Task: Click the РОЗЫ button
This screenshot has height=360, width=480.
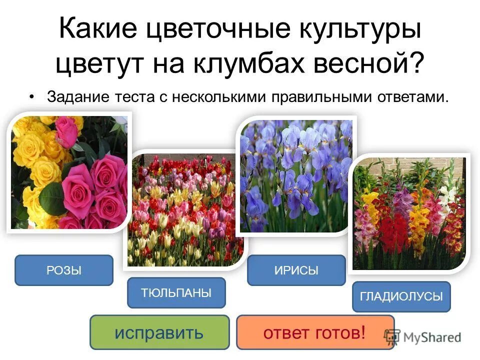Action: click(x=64, y=270)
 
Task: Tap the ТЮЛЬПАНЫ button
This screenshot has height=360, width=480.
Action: click(x=176, y=293)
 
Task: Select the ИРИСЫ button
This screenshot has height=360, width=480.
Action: click(x=296, y=270)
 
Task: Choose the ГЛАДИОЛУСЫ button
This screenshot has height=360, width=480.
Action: click(x=401, y=297)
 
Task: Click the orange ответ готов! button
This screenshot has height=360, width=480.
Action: click(x=315, y=332)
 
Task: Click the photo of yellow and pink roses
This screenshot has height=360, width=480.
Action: click(x=68, y=172)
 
